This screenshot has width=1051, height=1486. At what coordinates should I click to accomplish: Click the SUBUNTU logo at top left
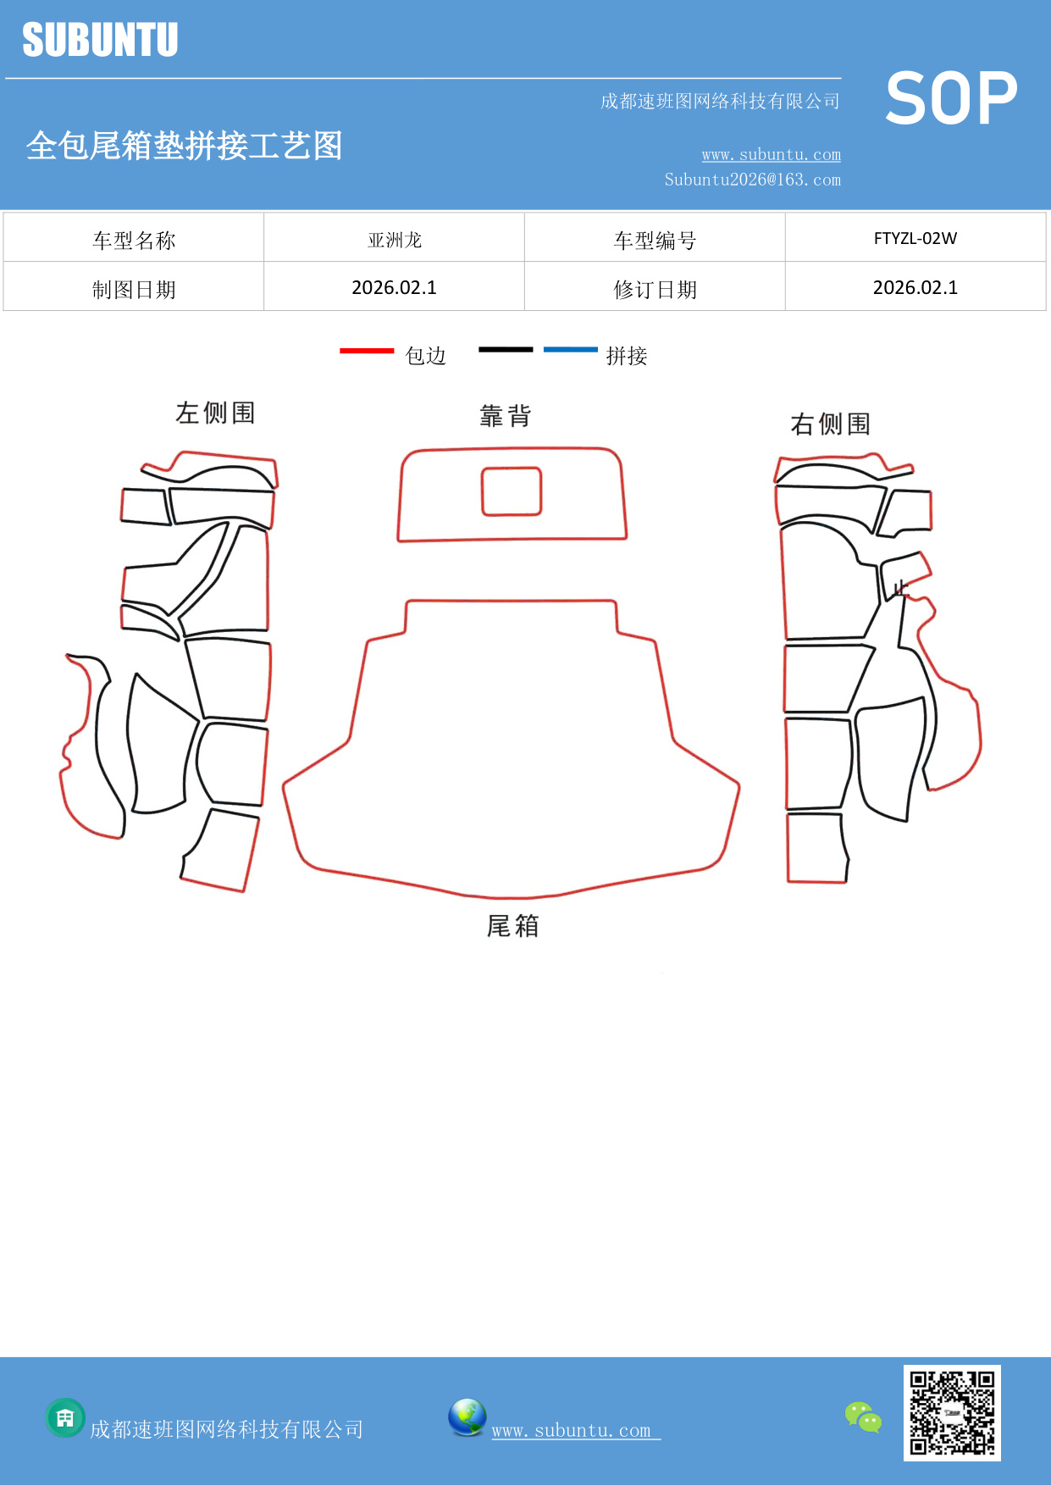point(100,40)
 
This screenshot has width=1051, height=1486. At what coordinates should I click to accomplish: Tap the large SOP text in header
point(951,99)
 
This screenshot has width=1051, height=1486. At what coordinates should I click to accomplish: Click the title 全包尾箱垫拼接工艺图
point(184,146)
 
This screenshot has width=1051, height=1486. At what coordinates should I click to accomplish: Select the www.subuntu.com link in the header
point(771,154)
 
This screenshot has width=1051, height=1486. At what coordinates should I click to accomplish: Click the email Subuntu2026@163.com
point(752,180)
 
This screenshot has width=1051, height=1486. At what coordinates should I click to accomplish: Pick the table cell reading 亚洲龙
point(395,240)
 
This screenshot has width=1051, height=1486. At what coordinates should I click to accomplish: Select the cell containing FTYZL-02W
point(915,238)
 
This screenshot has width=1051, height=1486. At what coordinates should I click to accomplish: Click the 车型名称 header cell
point(134,241)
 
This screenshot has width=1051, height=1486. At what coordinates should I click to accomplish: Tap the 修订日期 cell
point(655,290)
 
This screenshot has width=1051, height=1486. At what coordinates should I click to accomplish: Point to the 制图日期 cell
point(134,290)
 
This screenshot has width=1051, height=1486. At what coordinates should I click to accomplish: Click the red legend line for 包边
point(367,350)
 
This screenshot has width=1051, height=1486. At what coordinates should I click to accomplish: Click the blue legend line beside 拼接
point(570,349)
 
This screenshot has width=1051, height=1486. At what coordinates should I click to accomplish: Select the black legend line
point(506,349)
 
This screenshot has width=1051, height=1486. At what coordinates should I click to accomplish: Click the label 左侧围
point(215,413)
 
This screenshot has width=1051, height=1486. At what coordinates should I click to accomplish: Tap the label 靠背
point(505,416)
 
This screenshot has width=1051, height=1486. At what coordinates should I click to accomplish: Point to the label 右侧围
point(830,424)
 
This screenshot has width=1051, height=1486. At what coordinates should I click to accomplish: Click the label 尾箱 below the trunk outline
point(512,926)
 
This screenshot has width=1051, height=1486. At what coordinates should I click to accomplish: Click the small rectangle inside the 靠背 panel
point(512,491)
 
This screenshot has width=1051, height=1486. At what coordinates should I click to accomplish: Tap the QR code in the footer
point(952,1412)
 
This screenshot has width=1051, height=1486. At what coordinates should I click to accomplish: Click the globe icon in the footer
point(467,1417)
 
